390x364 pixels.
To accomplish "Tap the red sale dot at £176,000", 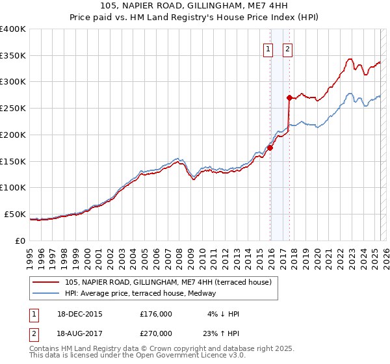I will (270, 148).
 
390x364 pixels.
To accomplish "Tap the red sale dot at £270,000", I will (289, 97).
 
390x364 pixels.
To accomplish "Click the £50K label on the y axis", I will (14, 214).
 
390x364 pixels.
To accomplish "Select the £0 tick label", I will (20, 240).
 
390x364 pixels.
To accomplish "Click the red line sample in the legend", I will (46, 281).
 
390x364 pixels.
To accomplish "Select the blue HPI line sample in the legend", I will (46, 293).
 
